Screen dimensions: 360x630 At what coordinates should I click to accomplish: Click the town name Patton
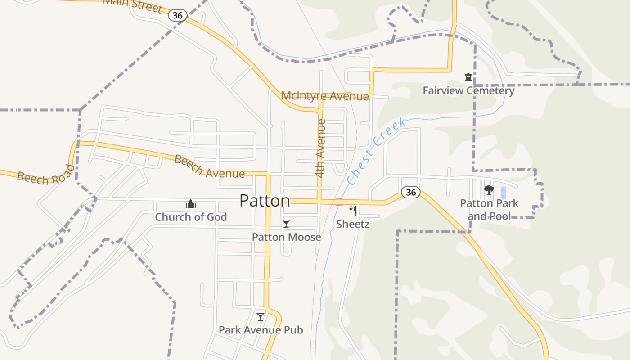(265, 201)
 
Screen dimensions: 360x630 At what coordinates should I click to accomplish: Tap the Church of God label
(191, 217)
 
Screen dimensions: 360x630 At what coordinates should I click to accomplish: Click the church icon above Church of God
(191, 204)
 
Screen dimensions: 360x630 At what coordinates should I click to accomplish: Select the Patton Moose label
(286, 237)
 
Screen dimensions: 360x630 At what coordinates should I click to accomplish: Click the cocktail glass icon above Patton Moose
(286, 223)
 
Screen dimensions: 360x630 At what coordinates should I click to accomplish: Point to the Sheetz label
(353, 224)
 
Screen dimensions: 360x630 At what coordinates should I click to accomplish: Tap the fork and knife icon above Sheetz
(353, 210)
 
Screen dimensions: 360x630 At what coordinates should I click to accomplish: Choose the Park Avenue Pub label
(261, 330)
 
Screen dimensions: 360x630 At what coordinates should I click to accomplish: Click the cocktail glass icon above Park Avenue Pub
(261, 317)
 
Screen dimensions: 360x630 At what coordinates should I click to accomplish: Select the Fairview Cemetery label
(468, 91)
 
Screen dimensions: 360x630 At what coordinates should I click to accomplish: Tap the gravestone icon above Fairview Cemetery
(468, 77)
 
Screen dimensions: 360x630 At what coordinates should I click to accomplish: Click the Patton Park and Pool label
(489, 210)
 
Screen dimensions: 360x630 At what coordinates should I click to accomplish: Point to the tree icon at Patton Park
(489, 190)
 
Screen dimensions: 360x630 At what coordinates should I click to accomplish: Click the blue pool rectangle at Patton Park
(503, 193)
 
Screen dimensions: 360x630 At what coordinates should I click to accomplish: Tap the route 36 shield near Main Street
(178, 15)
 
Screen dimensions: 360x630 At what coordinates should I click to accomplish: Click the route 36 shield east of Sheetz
(410, 192)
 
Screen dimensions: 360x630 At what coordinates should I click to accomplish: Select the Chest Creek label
(376, 151)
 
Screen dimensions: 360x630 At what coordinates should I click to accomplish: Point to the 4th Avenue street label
(320, 148)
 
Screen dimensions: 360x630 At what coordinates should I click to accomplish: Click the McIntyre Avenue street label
(325, 96)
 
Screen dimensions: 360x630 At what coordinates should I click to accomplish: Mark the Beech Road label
(46, 175)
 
